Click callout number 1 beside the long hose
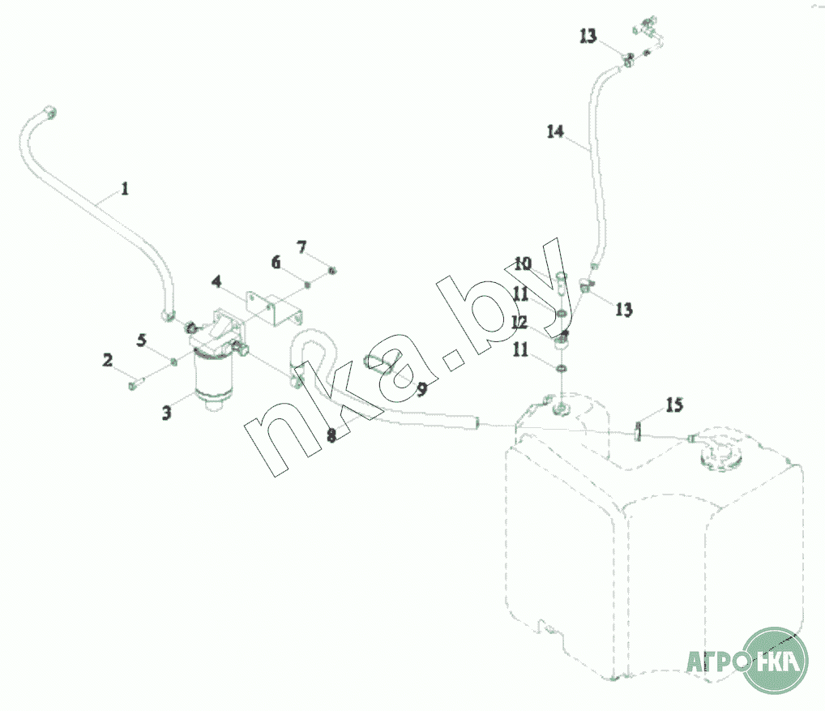pyautogui.click(x=125, y=188)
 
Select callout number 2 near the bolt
pyautogui.click(x=107, y=360)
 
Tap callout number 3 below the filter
pyautogui.click(x=166, y=413)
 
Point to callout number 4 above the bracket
pyautogui.click(x=216, y=281)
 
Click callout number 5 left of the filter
pyautogui.click(x=142, y=340)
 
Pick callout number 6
pyautogui.click(x=276, y=262)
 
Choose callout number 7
pyautogui.click(x=301, y=246)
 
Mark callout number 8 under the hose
pyautogui.click(x=331, y=435)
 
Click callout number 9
pyautogui.click(x=421, y=389)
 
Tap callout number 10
pyautogui.click(x=523, y=263)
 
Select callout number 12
pyautogui.click(x=519, y=322)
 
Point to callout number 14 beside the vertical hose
pyautogui.click(x=556, y=131)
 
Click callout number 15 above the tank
pyautogui.click(x=674, y=405)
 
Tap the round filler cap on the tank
pyautogui.click(x=720, y=456)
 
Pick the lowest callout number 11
pyautogui.click(x=520, y=349)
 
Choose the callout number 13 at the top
pyautogui.click(x=588, y=36)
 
